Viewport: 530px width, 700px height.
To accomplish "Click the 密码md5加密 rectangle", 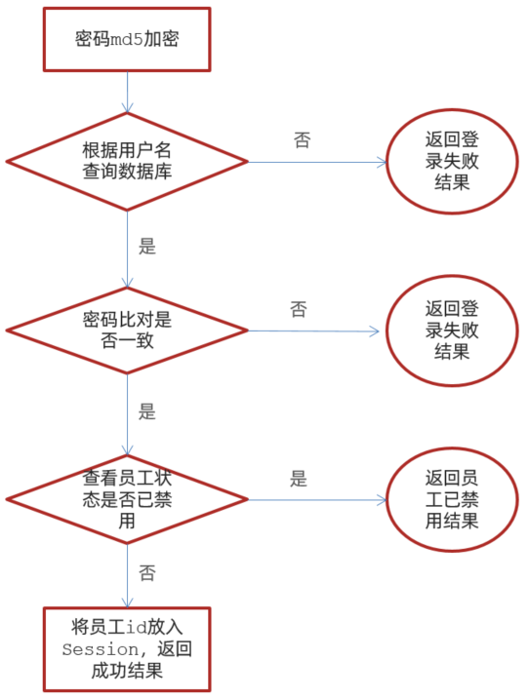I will click(x=127, y=40).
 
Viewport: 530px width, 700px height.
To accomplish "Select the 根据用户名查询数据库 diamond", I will click(x=127, y=158).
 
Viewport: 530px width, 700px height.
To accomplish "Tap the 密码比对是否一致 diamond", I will click(x=127, y=331).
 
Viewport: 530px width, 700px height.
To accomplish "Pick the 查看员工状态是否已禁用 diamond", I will click(x=127, y=499).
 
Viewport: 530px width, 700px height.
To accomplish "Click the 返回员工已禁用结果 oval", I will click(x=451, y=498).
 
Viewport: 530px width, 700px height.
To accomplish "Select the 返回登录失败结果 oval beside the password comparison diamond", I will click(x=451, y=330).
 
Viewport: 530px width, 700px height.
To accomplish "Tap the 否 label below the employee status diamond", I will click(x=147, y=572).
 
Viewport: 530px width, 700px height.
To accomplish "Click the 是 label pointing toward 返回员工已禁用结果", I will click(x=299, y=479).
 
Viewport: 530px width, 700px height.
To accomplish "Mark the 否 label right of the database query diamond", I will click(x=302, y=140).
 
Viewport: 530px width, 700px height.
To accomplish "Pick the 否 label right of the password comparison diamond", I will click(x=298, y=310).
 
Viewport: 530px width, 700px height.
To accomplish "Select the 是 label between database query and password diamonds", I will click(x=147, y=247).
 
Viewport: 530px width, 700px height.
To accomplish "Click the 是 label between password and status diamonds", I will click(x=147, y=411).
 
